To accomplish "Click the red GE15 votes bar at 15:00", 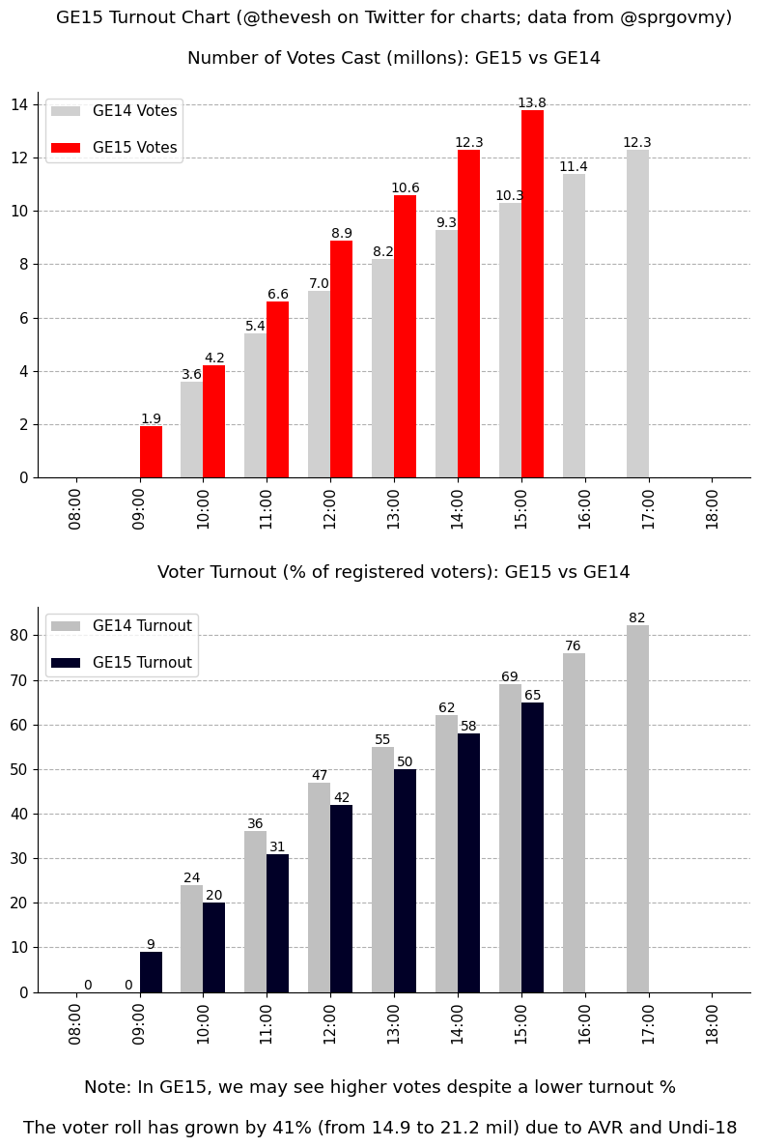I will [x=532, y=294].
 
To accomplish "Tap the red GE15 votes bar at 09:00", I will [x=151, y=452].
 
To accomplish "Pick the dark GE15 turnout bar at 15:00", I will [x=532, y=847].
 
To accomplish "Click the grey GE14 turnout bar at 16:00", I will [x=574, y=822].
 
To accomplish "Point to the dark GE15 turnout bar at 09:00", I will [x=151, y=972].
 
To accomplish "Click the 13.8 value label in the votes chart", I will [x=531, y=103].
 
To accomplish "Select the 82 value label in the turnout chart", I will [x=637, y=618].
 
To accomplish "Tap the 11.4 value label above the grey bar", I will [x=574, y=167].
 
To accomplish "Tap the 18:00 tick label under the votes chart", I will [x=713, y=507].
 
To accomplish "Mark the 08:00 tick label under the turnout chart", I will [x=76, y=1022].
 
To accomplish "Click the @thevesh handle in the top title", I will [x=289, y=18].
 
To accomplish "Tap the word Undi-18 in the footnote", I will [x=702, y=1128].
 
